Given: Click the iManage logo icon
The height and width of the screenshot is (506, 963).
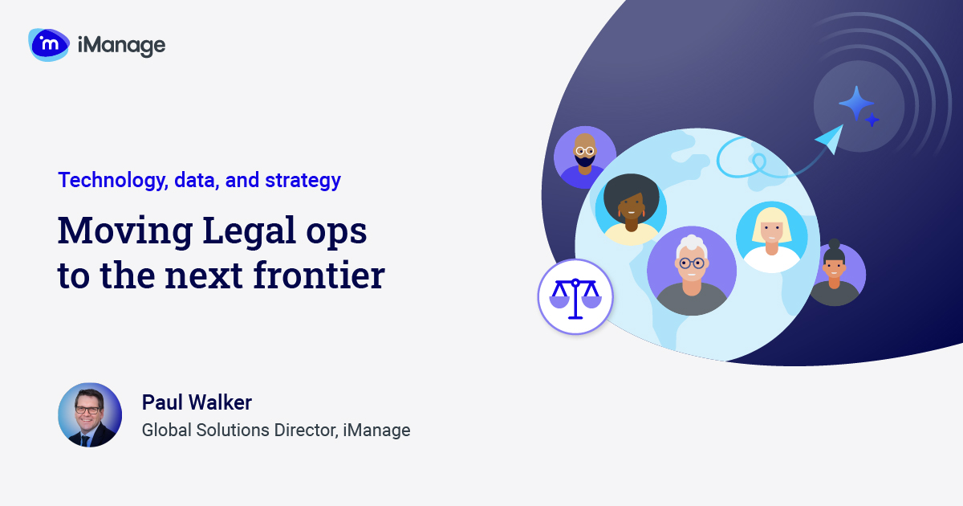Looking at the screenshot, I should [x=49, y=44].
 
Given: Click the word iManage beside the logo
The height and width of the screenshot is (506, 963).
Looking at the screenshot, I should [x=121, y=46].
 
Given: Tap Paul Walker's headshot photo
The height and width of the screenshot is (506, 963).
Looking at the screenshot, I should [x=90, y=414].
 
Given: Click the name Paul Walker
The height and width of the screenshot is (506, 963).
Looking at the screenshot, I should [x=197, y=402].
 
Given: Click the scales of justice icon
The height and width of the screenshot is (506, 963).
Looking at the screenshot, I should [x=575, y=296].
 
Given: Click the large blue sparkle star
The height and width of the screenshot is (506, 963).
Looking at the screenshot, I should [x=855, y=103].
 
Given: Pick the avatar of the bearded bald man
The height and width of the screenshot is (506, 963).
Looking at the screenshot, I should [x=585, y=157].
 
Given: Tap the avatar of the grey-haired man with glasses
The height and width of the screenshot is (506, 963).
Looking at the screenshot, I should [x=691, y=270].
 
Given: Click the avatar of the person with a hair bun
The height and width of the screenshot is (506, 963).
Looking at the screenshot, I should [x=835, y=274].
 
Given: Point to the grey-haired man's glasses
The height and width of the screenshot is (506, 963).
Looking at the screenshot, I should [x=691, y=263].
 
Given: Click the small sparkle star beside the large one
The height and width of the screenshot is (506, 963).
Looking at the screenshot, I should [x=872, y=120].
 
